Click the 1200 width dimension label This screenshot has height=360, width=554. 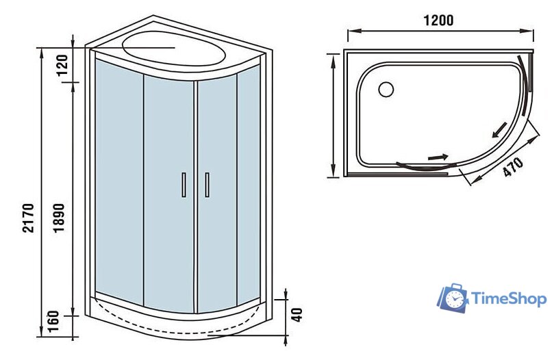438,21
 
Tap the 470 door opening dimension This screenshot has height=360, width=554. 514,167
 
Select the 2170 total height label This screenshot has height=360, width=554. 28,218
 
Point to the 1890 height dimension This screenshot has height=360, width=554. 59,218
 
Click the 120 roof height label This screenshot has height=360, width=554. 62,65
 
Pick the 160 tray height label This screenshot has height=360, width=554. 53,321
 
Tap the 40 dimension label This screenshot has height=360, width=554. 297,315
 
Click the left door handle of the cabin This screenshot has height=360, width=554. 184,185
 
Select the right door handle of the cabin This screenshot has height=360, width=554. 207,185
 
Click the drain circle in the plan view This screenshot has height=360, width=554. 386,90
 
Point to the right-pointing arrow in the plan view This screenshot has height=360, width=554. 438,157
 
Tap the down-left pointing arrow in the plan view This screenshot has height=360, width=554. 500,129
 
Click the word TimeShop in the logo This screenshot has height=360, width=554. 509,299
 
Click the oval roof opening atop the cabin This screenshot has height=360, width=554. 174,48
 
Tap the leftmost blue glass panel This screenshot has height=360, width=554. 119,177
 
